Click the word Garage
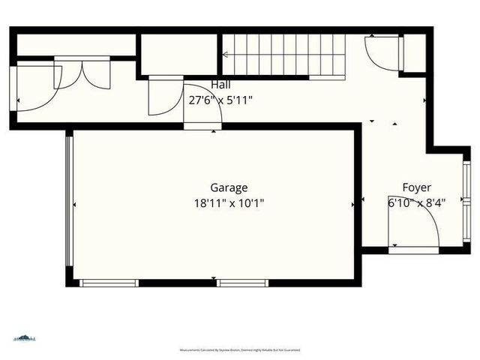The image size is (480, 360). [x=229, y=187]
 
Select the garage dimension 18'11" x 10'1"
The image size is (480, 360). [x=229, y=202]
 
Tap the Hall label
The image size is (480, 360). [x=220, y=85]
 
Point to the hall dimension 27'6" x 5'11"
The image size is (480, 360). [x=220, y=99]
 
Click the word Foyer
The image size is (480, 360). [x=416, y=187]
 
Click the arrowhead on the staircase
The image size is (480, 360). [x=223, y=54]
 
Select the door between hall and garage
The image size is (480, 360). [x=202, y=109]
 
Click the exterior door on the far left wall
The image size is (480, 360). [x=34, y=88]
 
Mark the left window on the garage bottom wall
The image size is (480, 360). [x=109, y=283]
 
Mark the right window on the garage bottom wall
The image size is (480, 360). [x=242, y=283]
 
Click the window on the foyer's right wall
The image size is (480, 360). [x=467, y=198]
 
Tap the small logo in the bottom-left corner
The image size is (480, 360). [x=24, y=338]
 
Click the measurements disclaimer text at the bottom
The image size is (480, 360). [x=239, y=350]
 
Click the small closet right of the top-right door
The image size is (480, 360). [x=414, y=52]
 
